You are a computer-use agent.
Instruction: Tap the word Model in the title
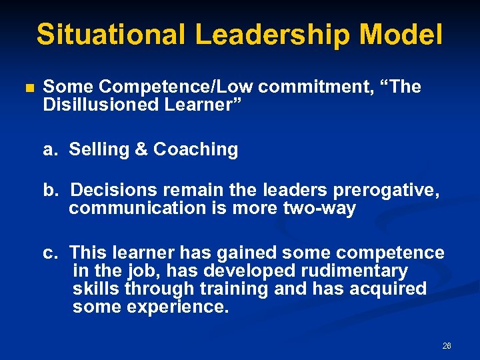408,34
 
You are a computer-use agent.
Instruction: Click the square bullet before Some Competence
28,88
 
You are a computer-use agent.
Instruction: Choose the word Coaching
195,149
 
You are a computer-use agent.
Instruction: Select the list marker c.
50,253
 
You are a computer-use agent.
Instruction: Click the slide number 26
447,346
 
